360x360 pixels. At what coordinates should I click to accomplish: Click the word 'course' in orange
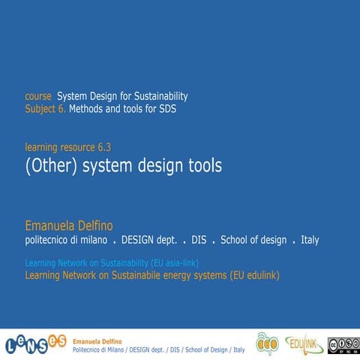click(38, 97)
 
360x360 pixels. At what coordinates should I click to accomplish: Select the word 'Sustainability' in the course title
click(158, 97)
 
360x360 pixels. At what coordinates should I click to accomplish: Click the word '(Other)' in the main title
click(50, 166)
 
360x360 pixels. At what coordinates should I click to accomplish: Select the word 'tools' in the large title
click(202, 166)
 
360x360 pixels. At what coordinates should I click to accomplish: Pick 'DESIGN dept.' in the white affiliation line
click(148, 240)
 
